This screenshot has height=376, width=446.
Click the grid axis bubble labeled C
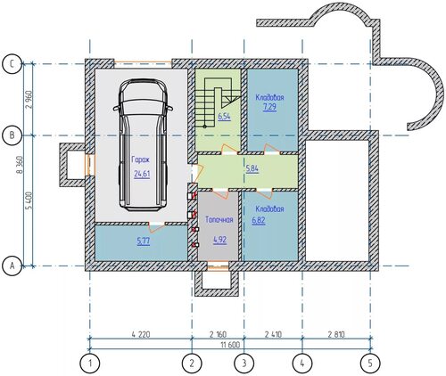[x=12, y=64]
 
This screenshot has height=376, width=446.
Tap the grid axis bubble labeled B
[x=12, y=135]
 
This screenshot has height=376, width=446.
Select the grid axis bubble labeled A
[x=12, y=266]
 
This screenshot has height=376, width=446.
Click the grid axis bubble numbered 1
[x=90, y=363]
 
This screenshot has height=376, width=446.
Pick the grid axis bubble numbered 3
[x=244, y=363]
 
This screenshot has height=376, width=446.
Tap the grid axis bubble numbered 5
[x=370, y=363]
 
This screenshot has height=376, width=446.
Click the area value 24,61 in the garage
[x=142, y=174]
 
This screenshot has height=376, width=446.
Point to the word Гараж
[x=141, y=159]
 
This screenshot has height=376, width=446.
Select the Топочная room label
[x=219, y=220]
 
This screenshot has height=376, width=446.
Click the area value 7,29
[x=269, y=107]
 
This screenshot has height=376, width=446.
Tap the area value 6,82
[x=259, y=221]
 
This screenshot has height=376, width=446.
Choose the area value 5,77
[x=144, y=241]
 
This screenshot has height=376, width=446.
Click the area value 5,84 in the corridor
[x=252, y=169]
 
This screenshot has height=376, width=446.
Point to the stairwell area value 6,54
[x=224, y=117]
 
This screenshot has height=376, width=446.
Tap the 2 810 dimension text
[x=336, y=334]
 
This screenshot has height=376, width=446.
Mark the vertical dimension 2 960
[x=29, y=100]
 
